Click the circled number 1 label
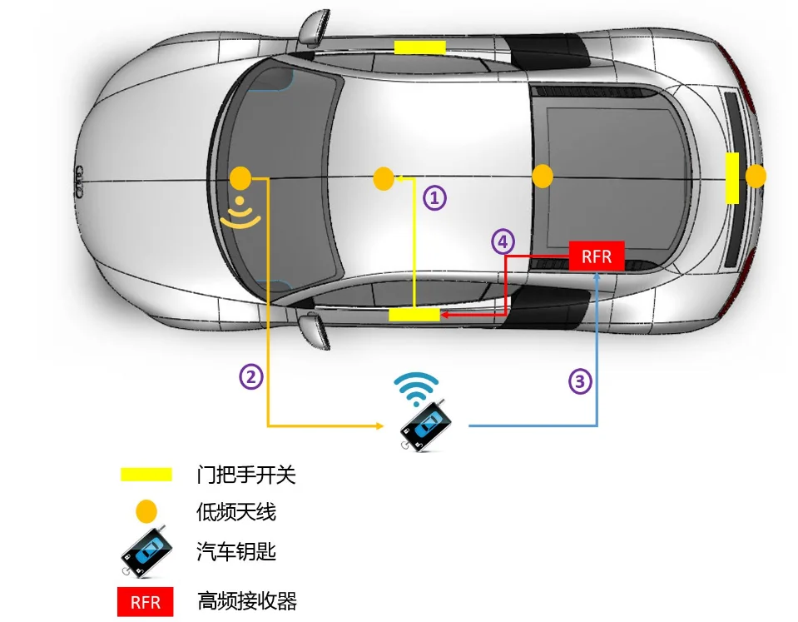point(435,197)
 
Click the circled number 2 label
point(252,376)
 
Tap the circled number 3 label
point(581,381)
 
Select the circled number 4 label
point(501,241)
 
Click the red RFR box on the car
point(597,256)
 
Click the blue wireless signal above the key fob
point(417,385)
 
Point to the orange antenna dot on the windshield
point(240,177)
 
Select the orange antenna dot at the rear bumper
point(756,177)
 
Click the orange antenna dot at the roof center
point(384,178)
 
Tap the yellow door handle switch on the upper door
point(419,47)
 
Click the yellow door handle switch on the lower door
point(414,314)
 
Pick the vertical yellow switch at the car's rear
point(732,177)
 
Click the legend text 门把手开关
point(246,475)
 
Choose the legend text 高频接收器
point(246,600)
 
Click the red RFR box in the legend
point(146,601)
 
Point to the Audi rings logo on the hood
point(81,178)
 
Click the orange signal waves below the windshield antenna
point(240,213)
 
